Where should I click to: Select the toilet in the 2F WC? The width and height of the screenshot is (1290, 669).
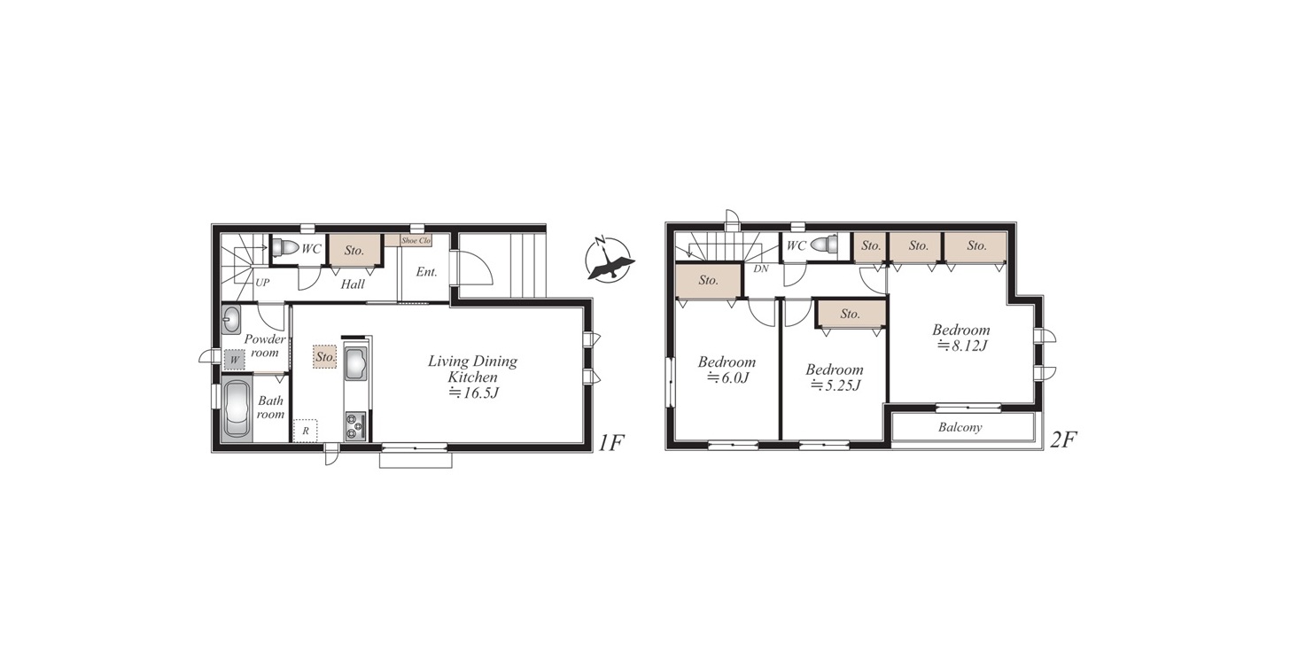click(824, 245)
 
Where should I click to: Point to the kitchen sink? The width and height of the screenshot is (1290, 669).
click(356, 362)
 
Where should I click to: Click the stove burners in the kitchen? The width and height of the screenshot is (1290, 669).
click(355, 426)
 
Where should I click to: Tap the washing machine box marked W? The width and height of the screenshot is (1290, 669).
click(235, 360)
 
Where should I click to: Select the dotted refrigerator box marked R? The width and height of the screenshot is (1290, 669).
click(306, 430)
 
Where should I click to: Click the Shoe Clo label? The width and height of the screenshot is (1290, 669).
click(416, 241)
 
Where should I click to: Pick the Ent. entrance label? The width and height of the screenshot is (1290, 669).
click(427, 272)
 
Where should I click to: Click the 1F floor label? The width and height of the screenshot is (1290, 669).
click(610, 443)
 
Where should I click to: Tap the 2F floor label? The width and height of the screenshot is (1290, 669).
click(1064, 440)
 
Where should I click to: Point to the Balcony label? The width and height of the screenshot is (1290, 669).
click(960, 427)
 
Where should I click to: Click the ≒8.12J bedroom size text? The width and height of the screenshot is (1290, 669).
click(962, 346)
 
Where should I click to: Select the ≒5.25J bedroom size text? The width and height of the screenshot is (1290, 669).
click(835, 385)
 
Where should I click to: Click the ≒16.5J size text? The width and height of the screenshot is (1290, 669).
click(473, 393)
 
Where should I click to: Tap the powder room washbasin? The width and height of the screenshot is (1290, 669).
click(231, 320)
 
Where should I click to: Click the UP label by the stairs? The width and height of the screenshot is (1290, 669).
click(262, 283)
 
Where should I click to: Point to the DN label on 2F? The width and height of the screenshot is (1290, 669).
click(761, 268)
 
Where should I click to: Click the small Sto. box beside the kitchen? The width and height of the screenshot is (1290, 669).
click(325, 357)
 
